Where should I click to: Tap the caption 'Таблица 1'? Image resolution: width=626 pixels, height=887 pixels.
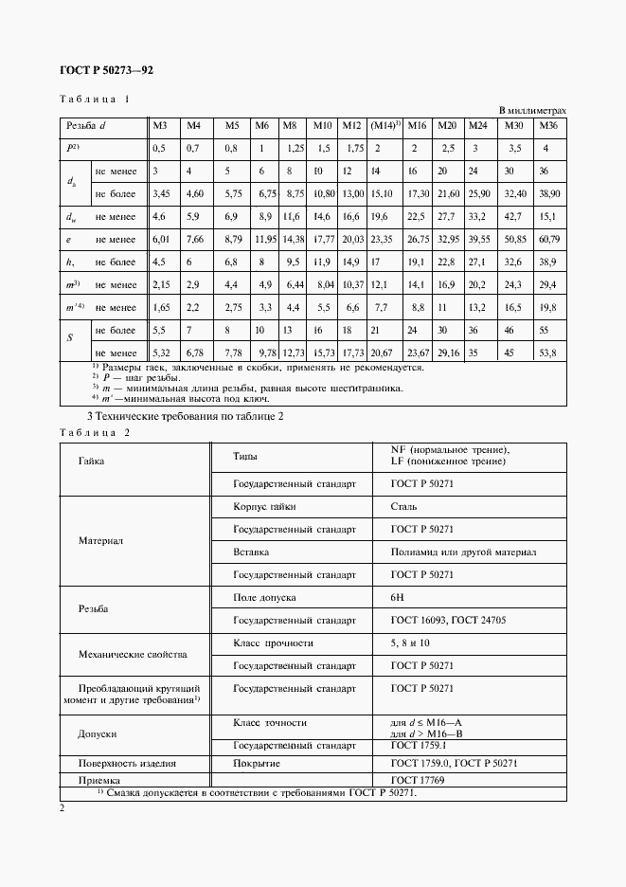[94, 99]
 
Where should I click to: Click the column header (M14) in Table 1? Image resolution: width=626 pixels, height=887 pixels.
[385, 126]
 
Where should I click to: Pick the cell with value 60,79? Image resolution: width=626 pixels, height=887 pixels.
[548, 241]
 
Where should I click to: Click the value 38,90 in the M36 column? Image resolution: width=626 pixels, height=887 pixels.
[548, 193]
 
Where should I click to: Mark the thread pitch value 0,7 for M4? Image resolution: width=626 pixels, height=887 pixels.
[193, 149]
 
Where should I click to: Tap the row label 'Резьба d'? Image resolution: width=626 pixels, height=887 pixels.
[85, 126]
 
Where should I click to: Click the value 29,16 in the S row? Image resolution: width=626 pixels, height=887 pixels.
[447, 353]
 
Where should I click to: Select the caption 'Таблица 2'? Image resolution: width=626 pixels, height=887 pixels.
[94, 432]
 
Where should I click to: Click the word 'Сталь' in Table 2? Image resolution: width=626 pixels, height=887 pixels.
[402, 507]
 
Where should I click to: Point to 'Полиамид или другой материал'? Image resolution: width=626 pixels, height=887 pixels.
[463, 552]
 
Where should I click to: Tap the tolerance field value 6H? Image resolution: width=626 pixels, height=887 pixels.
[397, 598]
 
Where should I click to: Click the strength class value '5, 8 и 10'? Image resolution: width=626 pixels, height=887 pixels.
[410, 643]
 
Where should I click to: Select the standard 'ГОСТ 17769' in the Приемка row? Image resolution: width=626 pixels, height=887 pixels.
[418, 780]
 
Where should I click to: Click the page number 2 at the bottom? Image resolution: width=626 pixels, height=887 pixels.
[62, 808]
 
